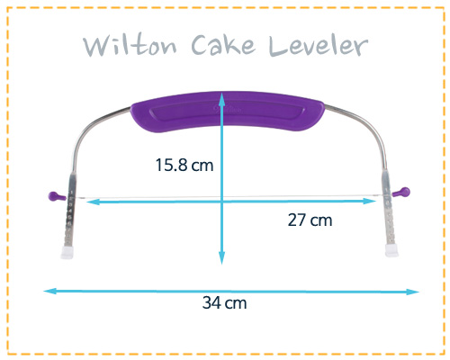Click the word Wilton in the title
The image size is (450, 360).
(130, 46)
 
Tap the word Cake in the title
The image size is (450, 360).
(223, 45)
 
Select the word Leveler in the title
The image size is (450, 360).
(319, 46)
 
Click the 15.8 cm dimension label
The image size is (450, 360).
(184, 166)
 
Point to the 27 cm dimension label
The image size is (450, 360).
(310, 220)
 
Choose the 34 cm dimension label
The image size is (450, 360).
(224, 302)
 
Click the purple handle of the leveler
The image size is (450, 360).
(228, 112)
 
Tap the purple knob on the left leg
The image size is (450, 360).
(57, 196)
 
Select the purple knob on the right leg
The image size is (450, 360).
(400, 192)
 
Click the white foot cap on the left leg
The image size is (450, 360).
(67, 252)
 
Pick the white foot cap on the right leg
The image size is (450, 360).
(391, 250)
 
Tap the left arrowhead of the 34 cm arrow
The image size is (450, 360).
(49, 291)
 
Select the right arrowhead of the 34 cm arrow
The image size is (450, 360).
(413, 292)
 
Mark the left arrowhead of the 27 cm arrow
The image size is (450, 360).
(92, 202)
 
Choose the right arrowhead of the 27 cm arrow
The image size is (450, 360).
(370, 202)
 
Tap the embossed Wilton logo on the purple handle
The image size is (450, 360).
(228, 109)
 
